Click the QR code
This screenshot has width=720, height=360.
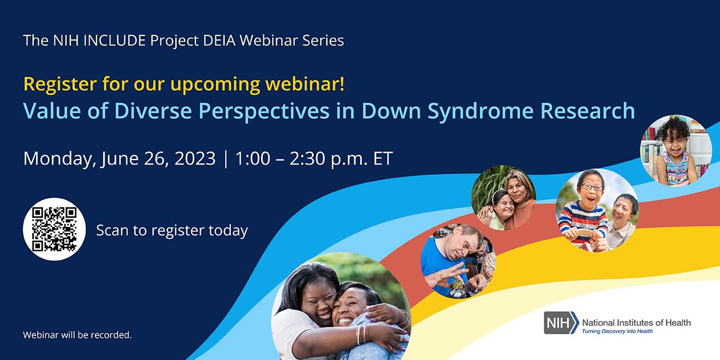click(x=54, y=229)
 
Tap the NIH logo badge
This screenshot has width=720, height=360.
click(x=561, y=323)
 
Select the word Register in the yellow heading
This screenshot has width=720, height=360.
click(x=60, y=85)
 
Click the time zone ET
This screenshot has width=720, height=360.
click(x=383, y=158)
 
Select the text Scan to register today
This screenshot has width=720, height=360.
click(x=172, y=230)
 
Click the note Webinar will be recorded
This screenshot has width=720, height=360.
click(x=77, y=335)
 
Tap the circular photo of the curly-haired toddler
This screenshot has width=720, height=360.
click(x=675, y=150)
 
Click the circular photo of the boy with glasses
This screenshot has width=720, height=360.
click(x=597, y=210)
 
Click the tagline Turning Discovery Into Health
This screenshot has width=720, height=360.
click(x=617, y=331)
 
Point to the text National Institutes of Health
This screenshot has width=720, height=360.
click(x=636, y=322)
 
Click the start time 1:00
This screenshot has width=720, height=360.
click(x=252, y=158)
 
